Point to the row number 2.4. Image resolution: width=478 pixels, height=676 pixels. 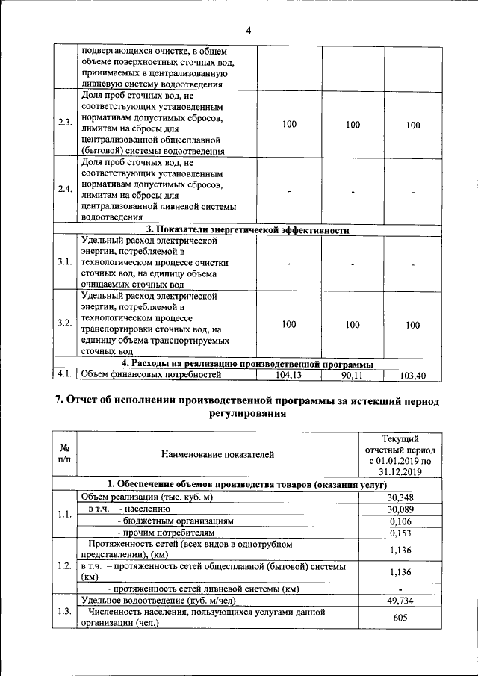coord(64,188)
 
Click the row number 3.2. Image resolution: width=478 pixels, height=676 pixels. coord(64,323)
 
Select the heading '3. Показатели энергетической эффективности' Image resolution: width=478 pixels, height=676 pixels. coord(247,230)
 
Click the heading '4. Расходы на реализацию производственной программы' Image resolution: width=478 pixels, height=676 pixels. coord(247,364)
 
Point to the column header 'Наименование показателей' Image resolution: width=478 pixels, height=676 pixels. coord(217,453)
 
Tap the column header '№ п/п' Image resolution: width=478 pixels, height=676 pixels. coord(64,453)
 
